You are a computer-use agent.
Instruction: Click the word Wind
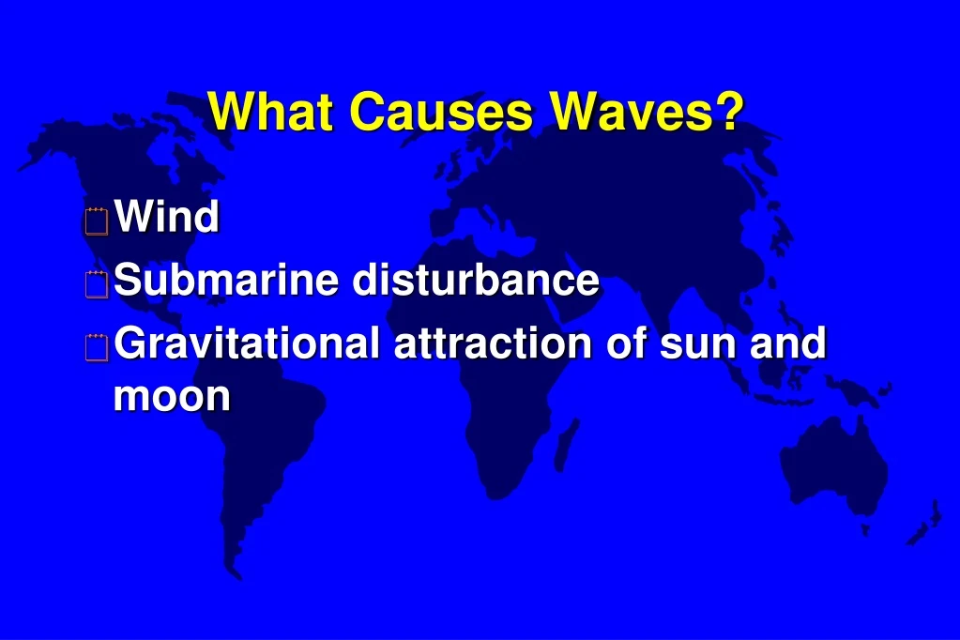pos(166,217)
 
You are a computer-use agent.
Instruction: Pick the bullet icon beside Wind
pos(95,221)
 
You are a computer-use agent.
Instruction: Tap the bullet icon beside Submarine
pos(95,284)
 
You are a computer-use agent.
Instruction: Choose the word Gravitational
pos(246,343)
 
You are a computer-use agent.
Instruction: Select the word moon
pos(172,397)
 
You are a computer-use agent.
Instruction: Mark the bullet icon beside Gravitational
pos(95,348)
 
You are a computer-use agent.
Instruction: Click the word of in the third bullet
pos(625,343)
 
